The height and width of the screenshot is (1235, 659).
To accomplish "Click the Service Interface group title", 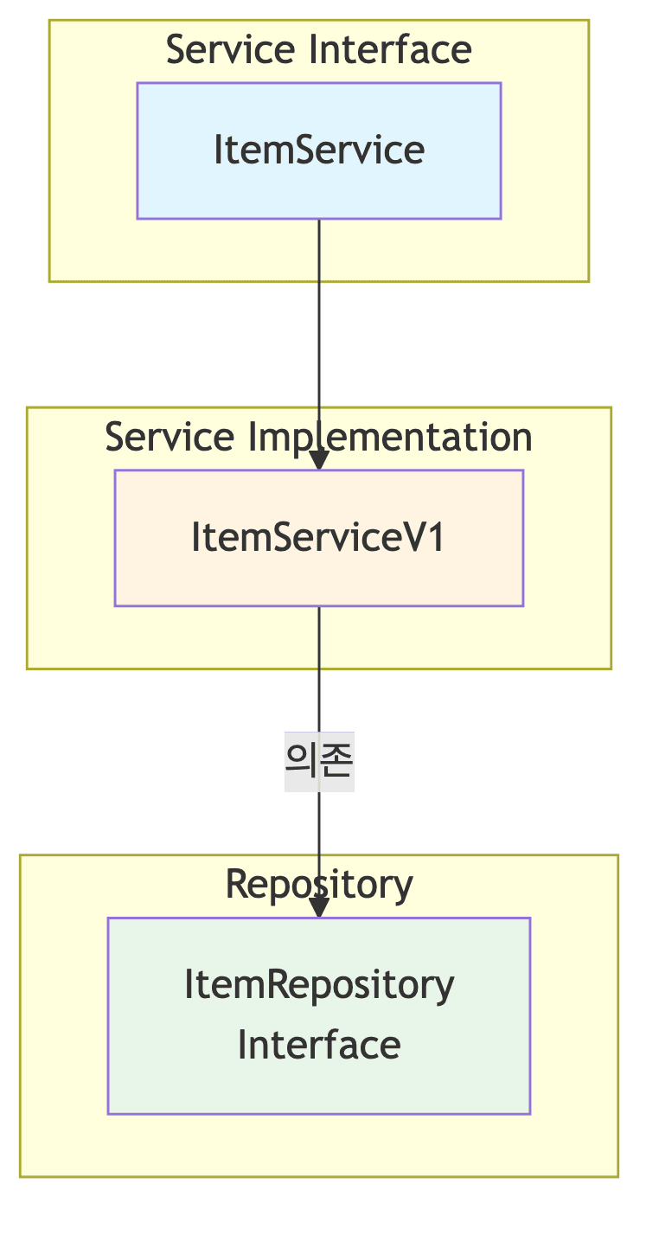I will click(x=318, y=49).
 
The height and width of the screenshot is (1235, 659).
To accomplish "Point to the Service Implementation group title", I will click(x=318, y=437).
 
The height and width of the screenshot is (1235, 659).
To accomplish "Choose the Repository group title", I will click(x=318, y=884).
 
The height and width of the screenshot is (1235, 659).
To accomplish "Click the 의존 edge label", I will click(x=319, y=761).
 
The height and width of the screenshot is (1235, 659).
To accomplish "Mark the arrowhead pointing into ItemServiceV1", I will click(x=319, y=460).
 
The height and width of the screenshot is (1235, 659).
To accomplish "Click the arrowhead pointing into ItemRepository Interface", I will click(x=319, y=907).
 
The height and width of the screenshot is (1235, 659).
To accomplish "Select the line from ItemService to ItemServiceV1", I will click(x=319, y=346).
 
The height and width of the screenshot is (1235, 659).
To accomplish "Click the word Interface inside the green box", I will click(x=318, y=1044).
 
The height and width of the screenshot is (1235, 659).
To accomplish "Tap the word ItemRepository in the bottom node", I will click(x=318, y=984).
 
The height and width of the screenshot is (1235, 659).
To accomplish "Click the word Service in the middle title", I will click(x=169, y=437).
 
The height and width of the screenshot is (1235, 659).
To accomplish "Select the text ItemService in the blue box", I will click(x=318, y=150).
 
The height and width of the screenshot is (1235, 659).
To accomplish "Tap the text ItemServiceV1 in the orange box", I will click(x=318, y=537).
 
